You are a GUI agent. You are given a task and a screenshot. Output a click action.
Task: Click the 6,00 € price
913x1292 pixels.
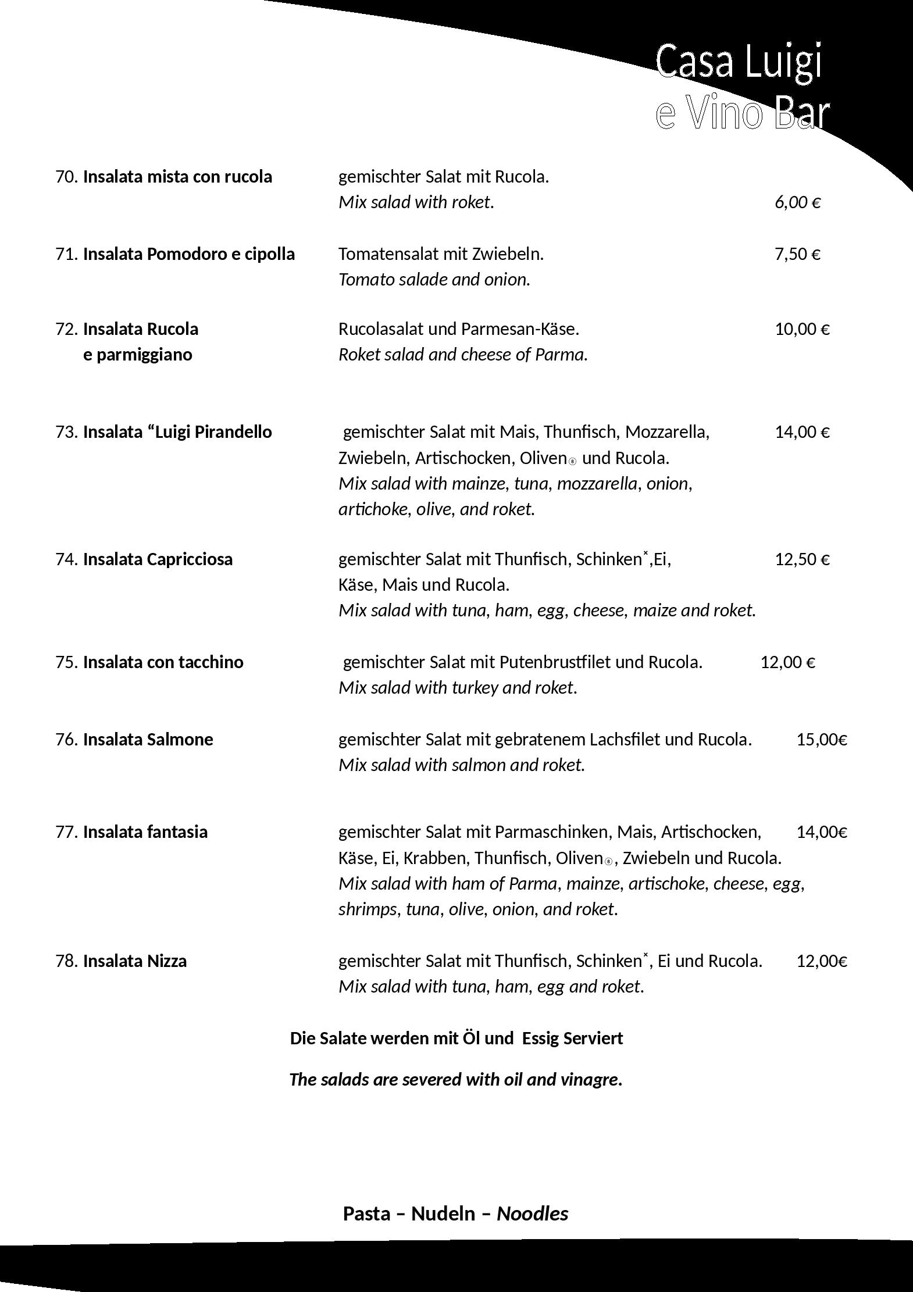click(x=797, y=202)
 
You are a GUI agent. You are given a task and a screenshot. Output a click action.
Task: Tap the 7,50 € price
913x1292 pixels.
click(x=797, y=254)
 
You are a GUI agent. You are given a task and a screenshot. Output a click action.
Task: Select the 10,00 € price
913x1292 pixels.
click(x=802, y=329)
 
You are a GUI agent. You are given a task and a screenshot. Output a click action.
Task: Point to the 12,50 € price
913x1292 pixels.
click(x=802, y=559)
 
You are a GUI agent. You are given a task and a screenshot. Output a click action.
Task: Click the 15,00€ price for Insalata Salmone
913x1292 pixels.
click(x=822, y=740)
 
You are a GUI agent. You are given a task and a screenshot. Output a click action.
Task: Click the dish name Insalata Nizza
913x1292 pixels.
click(x=134, y=961)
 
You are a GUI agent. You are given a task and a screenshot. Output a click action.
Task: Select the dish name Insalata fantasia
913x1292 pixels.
click(x=145, y=832)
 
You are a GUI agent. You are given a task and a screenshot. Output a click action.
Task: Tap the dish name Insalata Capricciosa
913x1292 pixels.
click(x=158, y=559)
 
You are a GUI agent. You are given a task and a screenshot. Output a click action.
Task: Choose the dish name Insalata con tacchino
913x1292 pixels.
click(x=163, y=662)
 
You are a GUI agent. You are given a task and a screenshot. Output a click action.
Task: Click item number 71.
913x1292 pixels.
click(x=66, y=254)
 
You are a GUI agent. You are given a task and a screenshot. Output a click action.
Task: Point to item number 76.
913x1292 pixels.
click(x=66, y=740)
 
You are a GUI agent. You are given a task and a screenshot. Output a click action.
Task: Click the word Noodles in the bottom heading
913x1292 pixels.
click(x=532, y=1214)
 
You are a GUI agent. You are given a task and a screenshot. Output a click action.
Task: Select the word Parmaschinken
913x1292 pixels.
click(x=551, y=832)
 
